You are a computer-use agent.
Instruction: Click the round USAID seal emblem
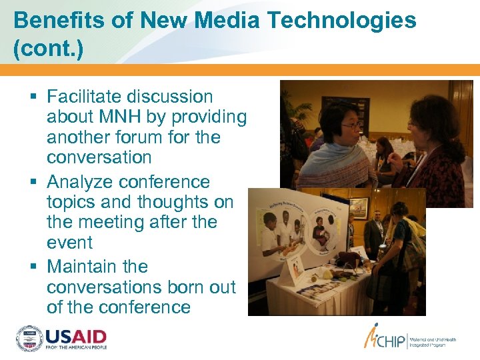point(29,339)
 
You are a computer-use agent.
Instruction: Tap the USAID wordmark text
point(76,335)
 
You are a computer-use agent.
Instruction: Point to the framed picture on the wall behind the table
point(359,207)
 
